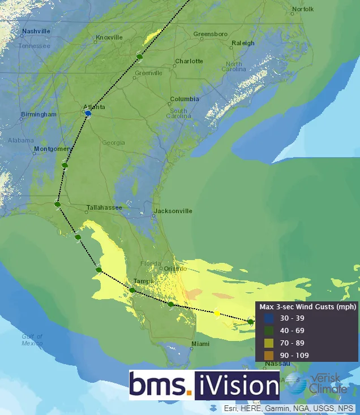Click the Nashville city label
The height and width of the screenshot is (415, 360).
tap(36, 31)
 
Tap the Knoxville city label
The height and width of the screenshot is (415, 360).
tap(109, 37)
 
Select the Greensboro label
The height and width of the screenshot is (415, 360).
tap(210, 34)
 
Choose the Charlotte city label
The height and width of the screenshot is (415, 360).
tap(188, 61)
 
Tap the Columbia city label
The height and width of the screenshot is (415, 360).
tap(185, 99)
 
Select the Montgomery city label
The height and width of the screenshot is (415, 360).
tap(51, 149)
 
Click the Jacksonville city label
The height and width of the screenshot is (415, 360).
tap(173, 211)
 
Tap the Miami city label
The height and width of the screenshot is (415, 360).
tap(200, 344)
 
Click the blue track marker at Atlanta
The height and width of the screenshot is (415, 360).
tap(88, 114)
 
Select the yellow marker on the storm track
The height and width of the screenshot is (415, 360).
tap(217, 313)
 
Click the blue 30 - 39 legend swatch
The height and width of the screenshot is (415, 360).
tap(269, 318)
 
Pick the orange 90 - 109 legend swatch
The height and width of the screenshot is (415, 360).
tap(269, 355)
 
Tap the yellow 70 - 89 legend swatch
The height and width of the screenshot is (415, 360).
tap(269, 343)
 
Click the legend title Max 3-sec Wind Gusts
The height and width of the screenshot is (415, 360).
tap(307, 307)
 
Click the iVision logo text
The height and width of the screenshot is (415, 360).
tap(237, 386)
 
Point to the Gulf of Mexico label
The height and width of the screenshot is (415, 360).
tap(32, 340)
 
